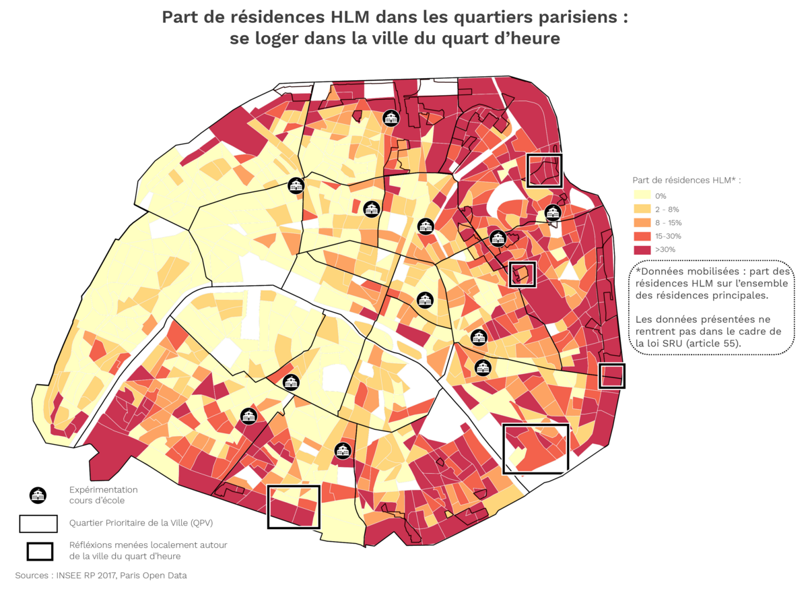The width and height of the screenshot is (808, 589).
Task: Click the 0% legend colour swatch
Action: (642, 196)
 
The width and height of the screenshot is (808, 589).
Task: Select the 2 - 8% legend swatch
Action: (642, 210)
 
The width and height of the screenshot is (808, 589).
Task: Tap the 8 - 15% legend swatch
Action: (642, 223)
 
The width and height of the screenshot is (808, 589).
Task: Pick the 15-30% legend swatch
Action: (642, 237)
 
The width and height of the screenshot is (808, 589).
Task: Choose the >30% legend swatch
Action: (642, 250)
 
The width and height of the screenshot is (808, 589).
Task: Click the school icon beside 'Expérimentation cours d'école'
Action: (38, 495)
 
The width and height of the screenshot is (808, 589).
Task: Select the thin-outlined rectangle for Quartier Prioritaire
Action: (38, 524)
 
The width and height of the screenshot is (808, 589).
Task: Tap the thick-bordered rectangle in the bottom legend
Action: (40, 551)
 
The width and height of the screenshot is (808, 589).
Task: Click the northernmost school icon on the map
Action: (390, 118)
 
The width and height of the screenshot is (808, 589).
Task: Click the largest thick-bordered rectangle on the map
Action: (536, 448)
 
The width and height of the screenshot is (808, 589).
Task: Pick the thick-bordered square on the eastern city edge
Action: (611, 376)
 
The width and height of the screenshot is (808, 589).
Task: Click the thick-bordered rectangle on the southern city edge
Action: (293, 506)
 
